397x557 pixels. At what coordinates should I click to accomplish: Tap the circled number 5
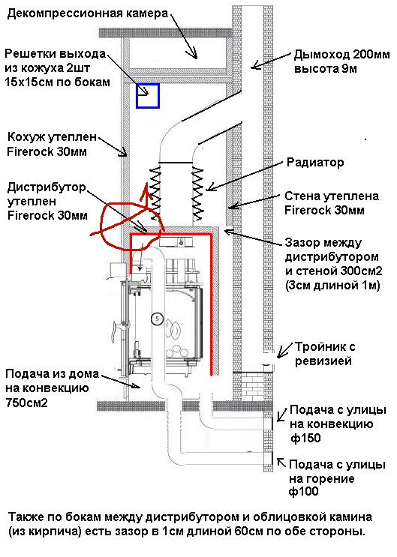click(157, 319)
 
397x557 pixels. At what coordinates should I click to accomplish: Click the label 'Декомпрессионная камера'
click(88, 13)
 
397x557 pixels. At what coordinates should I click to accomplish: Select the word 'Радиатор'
click(315, 163)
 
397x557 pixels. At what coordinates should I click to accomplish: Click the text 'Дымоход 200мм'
click(341, 55)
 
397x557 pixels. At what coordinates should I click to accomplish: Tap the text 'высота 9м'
click(325, 68)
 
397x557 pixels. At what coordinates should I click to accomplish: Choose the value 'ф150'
click(305, 438)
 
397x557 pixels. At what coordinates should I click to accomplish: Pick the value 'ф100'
click(303, 492)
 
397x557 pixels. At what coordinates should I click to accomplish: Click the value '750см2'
click(26, 403)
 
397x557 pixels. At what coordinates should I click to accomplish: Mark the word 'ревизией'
click(323, 361)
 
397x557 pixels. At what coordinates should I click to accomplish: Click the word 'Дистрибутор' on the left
click(47, 187)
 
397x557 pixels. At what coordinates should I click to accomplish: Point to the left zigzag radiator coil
click(155, 193)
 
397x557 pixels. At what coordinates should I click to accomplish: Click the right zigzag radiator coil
click(197, 193)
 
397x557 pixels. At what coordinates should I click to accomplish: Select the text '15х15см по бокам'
click(57, 82)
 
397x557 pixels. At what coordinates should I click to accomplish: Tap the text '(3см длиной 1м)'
click(332, 286)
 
